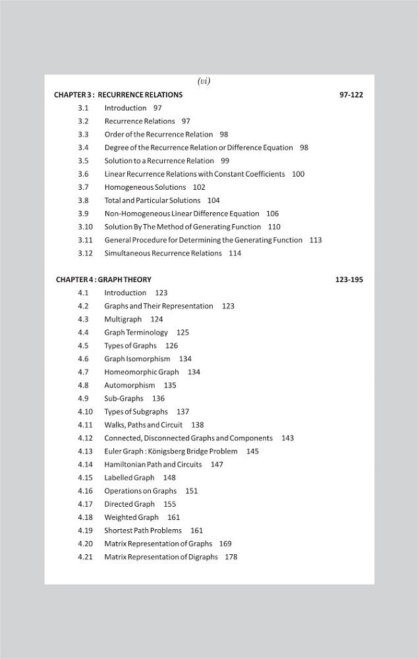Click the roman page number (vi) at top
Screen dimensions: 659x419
click(204, 81)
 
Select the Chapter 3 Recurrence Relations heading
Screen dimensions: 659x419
click(119, 95)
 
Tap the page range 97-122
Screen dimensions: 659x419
click(351, 95)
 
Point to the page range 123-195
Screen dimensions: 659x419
click(349, 279)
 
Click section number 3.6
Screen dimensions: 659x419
click(83, 174)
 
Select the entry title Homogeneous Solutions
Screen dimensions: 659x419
click(136, 187)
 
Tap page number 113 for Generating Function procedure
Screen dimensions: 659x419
click(315, 240)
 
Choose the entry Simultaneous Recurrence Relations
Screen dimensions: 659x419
click(163, 253)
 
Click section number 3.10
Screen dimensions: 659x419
click(85, 227)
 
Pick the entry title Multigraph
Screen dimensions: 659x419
click(123, 319)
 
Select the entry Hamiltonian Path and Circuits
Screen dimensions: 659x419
click(153, 465)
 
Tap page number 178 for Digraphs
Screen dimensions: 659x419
click(231, 557)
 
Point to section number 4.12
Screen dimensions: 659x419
click(85, 438)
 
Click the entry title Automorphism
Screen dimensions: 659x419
click(130, 386)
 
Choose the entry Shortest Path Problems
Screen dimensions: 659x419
click(143, 530)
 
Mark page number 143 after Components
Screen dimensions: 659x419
click(287, 438)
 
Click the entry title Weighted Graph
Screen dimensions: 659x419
click(131, 517)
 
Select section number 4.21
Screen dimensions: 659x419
click(85, 557)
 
